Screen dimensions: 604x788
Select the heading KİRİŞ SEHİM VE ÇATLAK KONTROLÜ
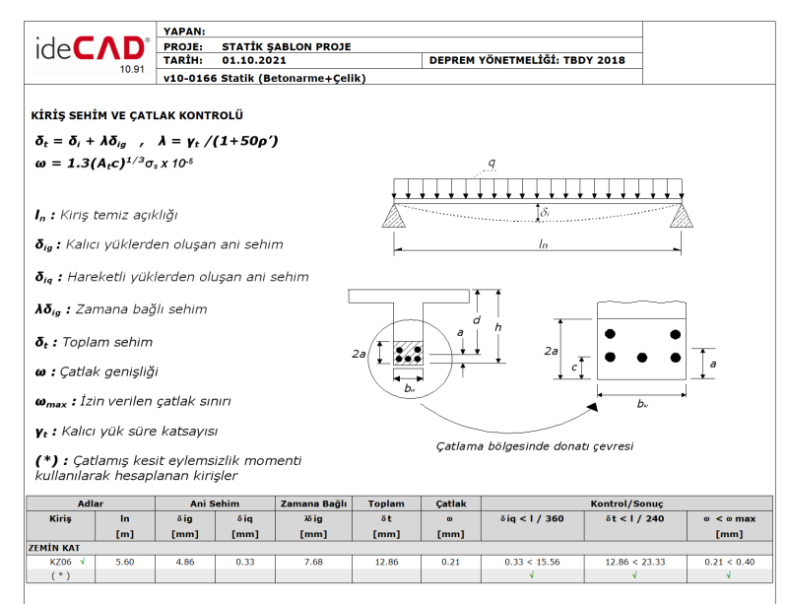(x=137, y=115)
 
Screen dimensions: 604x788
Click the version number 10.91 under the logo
(x=132, y=70)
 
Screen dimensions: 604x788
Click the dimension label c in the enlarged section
(x=575, y=368)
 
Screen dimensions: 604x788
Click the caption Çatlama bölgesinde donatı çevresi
(x=535, y=445)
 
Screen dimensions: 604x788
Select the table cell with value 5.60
(x=125, y=561)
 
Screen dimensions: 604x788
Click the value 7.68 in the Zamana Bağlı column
(x=311, y=561)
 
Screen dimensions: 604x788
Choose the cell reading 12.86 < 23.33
(x=635, y=561)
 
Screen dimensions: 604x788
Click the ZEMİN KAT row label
(x=54, y=547)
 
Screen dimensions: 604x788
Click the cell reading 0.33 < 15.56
(x=533, y=561)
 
